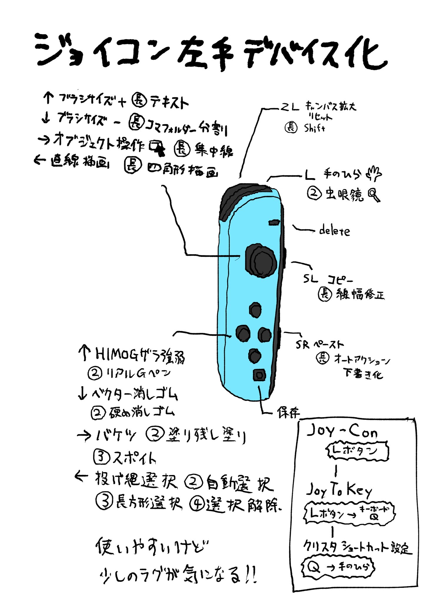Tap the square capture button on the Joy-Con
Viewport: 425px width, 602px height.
pyautogui.click(x=259, y=375)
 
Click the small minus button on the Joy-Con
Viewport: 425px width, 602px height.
pyautogui.click(x=274, y=223)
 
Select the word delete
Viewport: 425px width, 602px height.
pyautogui.click(x=335, y=231)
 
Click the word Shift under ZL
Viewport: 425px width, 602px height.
pyautogui.click(x=314, y=128)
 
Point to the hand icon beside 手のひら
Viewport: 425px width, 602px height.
pyautogui.click(x=374, y=174)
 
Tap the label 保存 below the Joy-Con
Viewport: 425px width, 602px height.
pyautogui.click(x=288, y=413)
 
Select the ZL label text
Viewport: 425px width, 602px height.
pyautogui.click(x=289, y=108)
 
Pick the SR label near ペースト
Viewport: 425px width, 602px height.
pyautogui.click(x=303, y=345)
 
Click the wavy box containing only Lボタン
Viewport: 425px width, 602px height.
pyautogui.click(x=358, y=451)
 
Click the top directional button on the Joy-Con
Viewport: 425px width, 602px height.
pyautogui.click(x=255, y=310)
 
